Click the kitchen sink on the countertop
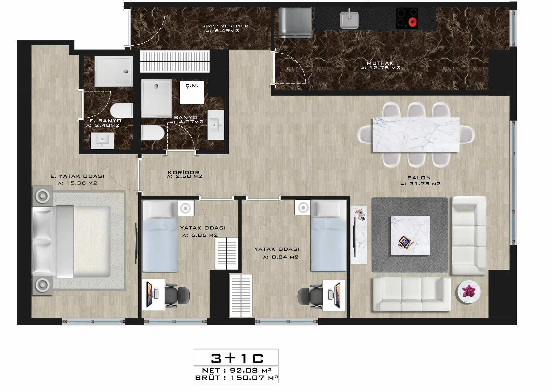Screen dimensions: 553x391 (349, 19)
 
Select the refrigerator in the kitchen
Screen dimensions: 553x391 (295, 22)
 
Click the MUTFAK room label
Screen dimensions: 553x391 (380, 63)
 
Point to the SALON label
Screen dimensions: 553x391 (419, 178)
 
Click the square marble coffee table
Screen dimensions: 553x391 (410, 235)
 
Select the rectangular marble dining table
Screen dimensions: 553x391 (416, 135)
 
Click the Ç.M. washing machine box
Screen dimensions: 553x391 (192, 92)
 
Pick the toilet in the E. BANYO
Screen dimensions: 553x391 (121, 111)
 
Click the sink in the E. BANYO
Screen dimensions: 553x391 (103, 141)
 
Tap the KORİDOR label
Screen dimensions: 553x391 (183, 173)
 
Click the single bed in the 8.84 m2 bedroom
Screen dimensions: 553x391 (328, 236)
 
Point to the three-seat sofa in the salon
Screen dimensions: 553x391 (412, 294)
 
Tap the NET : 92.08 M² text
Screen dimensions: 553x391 (237, 371)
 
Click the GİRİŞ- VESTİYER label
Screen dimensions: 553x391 (225, 26)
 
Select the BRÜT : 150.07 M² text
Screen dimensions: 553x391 (237, 378)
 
